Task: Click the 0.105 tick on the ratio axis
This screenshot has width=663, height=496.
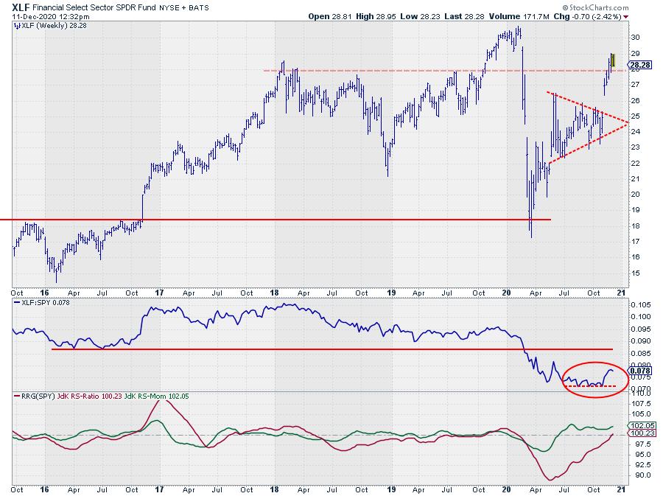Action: tap(640, 305)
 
